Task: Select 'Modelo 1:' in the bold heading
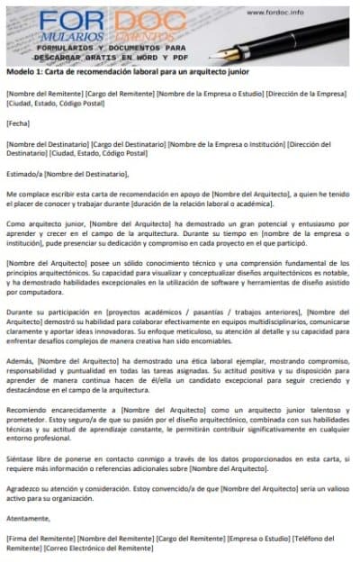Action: (24, 72)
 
